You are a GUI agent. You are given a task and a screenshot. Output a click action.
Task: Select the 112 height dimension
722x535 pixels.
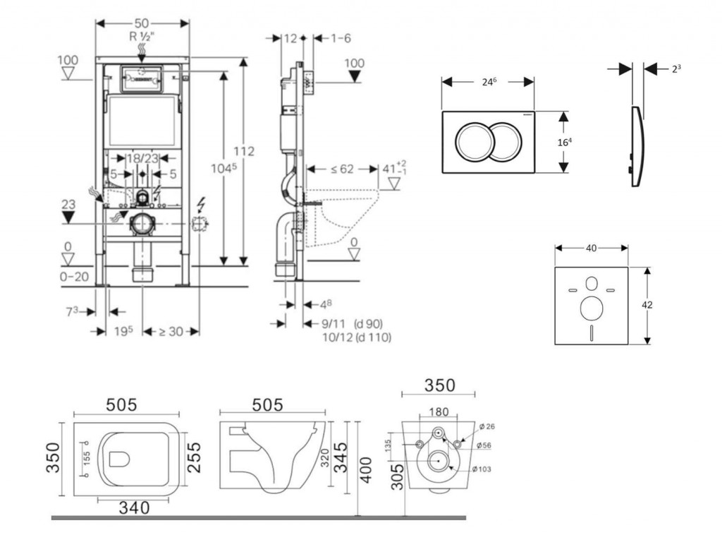(244, 151)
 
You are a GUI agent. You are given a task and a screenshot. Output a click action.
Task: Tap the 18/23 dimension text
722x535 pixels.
(142, 160)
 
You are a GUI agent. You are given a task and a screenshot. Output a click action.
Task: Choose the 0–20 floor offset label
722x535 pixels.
(73, 277)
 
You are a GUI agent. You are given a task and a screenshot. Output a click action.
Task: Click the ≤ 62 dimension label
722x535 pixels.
(342, 169)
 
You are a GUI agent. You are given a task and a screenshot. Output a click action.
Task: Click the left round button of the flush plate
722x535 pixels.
(472, 142)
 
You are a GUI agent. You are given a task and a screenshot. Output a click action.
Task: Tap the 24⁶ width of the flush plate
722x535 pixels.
(489, 82)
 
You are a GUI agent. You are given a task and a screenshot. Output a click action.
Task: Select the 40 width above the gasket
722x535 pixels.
(591, 248)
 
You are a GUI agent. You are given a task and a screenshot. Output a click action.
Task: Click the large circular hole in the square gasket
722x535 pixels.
(591, 308)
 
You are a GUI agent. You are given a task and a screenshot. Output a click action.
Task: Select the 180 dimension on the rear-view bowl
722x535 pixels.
(438, 411)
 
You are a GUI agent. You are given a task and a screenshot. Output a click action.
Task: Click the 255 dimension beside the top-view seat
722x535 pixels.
(195, 457)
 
